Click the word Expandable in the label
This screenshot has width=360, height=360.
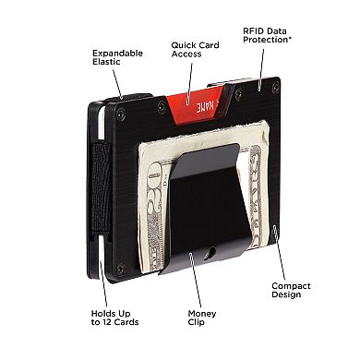pos(117,53)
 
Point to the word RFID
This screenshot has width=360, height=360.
pos(254,30)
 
